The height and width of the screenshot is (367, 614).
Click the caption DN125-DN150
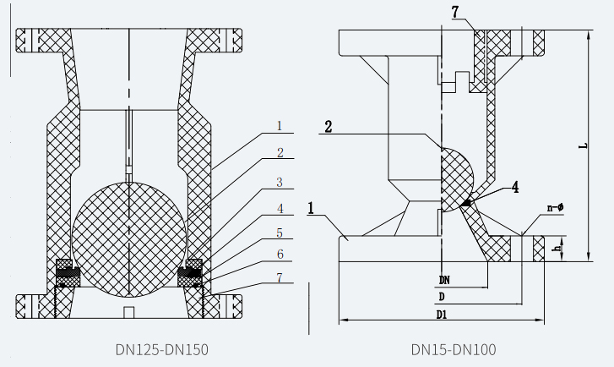pyautogui.click(x=161, y=348)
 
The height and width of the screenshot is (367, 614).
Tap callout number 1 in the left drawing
pyautogui.click(x=278, y=126)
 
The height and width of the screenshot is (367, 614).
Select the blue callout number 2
pyautogui.click(x=279, y=153)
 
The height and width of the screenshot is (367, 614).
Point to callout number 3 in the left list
pyautogui.click(x=279, y=182)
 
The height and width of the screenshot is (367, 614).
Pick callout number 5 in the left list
pyautogui.click(x=279, y=232)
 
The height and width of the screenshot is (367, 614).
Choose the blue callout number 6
pyautogui.click(x=279, y=254)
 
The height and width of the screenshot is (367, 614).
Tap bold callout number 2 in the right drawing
pyautogui.click(x=328, y=127)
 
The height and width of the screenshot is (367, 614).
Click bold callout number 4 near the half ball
pyautogui.click(x=514, y=189)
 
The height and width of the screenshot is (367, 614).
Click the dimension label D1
pyautogui.click(x=442, y=314)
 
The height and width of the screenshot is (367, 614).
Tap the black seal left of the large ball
pyautogui.click(x=67, y=272)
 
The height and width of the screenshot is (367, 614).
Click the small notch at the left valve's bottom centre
pyautogui.click(x=129, y=313)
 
